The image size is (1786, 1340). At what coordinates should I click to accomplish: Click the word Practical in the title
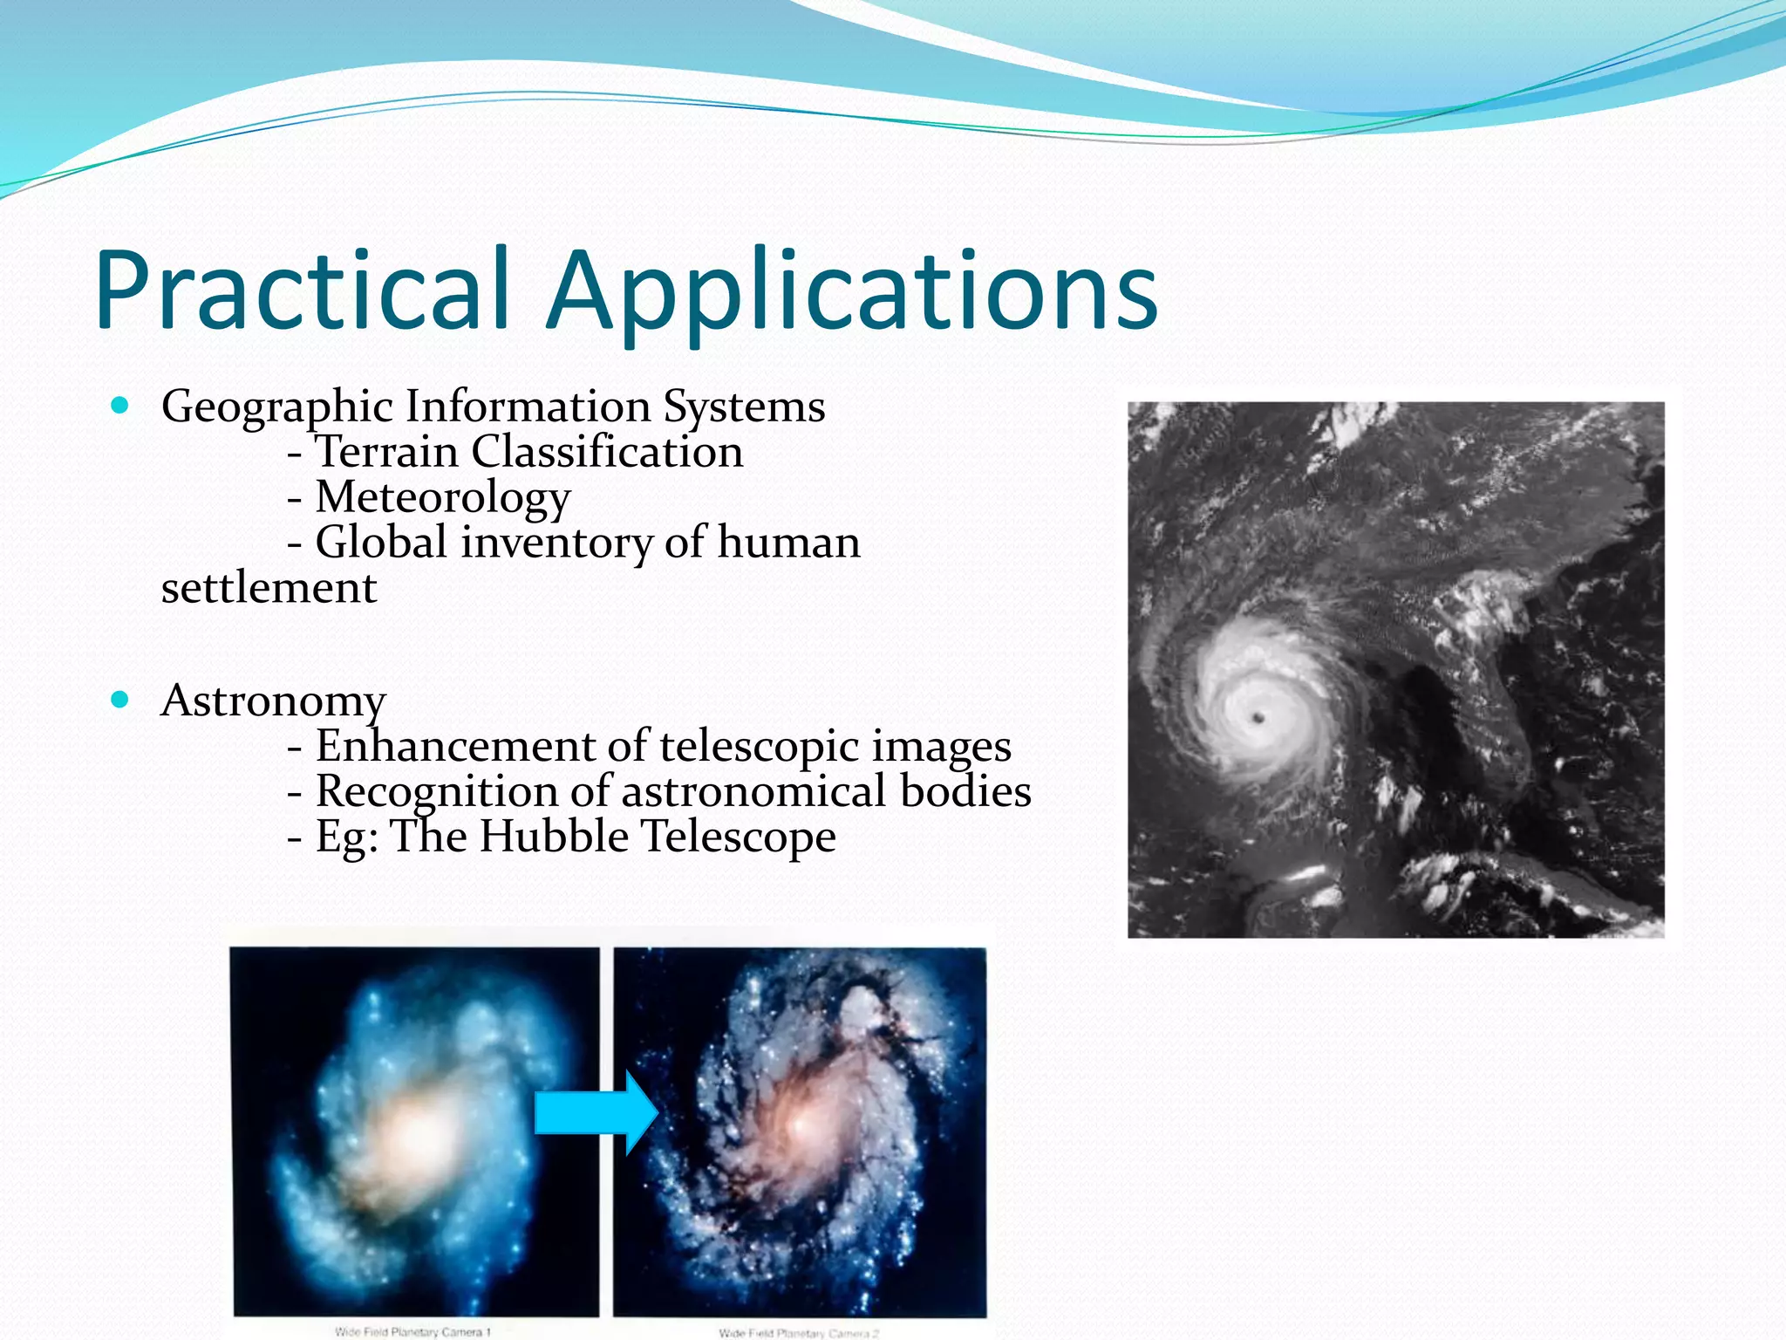pyautogui.click(x=301, y=291)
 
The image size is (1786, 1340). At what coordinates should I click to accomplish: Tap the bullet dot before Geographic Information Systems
pyautogui.click(x=120, y=405)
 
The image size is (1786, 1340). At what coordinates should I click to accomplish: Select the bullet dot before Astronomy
pyautogui.click(x=120, y=699)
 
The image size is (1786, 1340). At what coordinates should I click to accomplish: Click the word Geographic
pyautogui.click(x=277, y=407)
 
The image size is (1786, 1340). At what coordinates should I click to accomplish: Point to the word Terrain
pyautogui.click(x=386, y=452)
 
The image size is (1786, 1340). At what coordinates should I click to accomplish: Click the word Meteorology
pyautogui.click(x=443, y=497)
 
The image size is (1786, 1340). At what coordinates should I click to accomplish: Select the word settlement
pyautogui.click(x=269, y=588)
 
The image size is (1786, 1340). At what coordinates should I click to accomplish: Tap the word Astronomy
pyautogui.click(x=273, y=701)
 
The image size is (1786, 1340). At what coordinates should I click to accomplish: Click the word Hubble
pyautogui.click(x=554, y=837)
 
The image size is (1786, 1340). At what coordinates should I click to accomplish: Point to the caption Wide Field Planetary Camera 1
pyautogui.click(x=413, y=1331)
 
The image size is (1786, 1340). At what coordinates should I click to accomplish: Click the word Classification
pyautogui.click(x=607, y=452)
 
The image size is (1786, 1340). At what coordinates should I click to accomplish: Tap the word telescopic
pyautogui.click(x=759, y=747)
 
